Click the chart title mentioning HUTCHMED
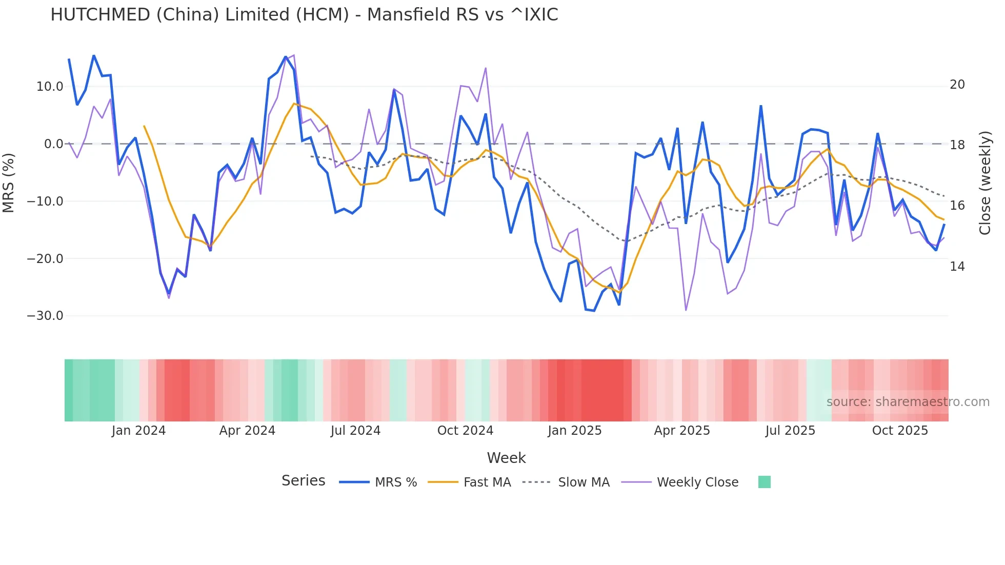tap(304, 15)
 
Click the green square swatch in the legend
tap(764, 482)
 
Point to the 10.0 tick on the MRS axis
tap(50, 87)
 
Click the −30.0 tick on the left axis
tap(45, 316)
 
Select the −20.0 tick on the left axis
tap(45, 259)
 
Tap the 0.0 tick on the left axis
tap(54, 144)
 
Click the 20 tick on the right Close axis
tap(957, 85)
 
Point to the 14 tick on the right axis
tap(957, 267)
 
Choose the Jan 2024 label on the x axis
tap(138, 431)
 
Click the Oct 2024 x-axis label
tap(465, 431)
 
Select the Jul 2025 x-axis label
tap(790, 431)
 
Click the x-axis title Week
tap(506, 458)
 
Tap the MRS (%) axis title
tap(9, 183)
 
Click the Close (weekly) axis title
tap(985, 183)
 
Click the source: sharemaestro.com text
tap(908, 402)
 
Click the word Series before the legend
tap(303, 481)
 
